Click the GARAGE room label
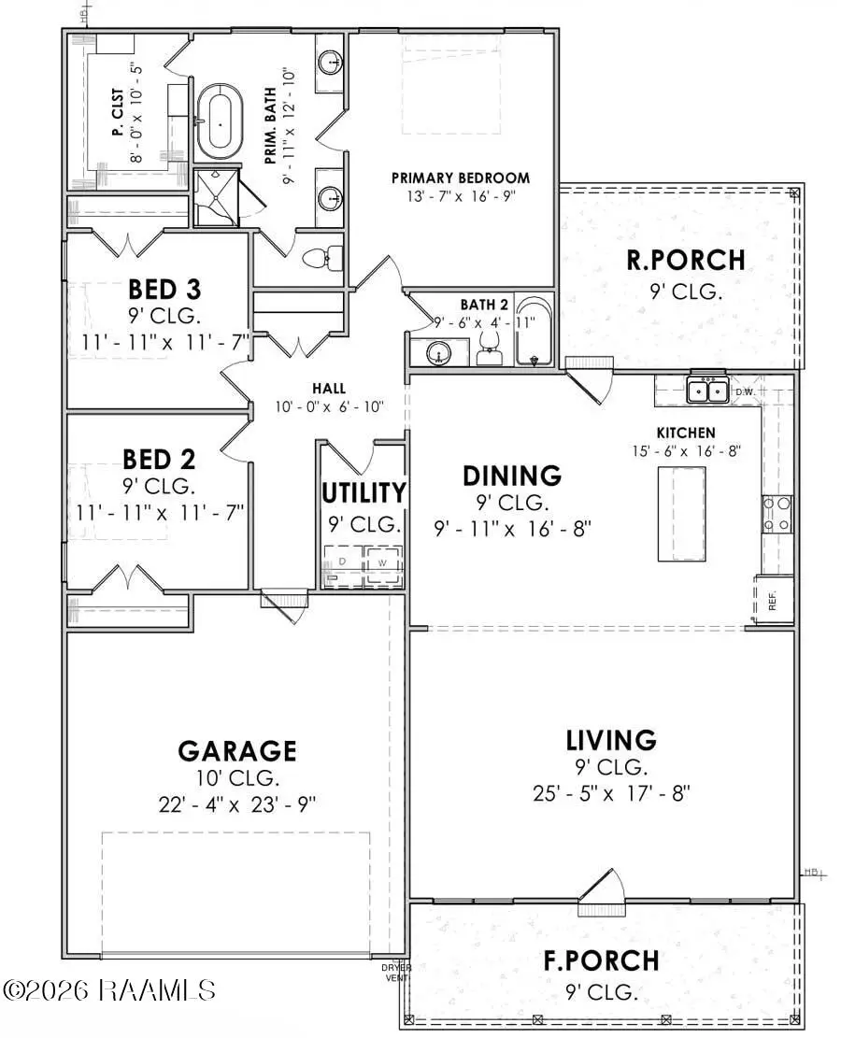click(237, 750)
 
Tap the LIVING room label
click(610, 740)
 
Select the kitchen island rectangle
click(681, 513)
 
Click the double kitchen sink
click(708, 390)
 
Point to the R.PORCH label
click(686, 260)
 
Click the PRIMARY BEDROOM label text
click(460, 178)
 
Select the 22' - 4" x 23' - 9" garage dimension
click(237, 805)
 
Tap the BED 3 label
click(164, 288)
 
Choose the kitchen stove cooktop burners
click(777, 513)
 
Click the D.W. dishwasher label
click(745, 391)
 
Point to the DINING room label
click(512, 475)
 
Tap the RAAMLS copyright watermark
click(109, 988)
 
